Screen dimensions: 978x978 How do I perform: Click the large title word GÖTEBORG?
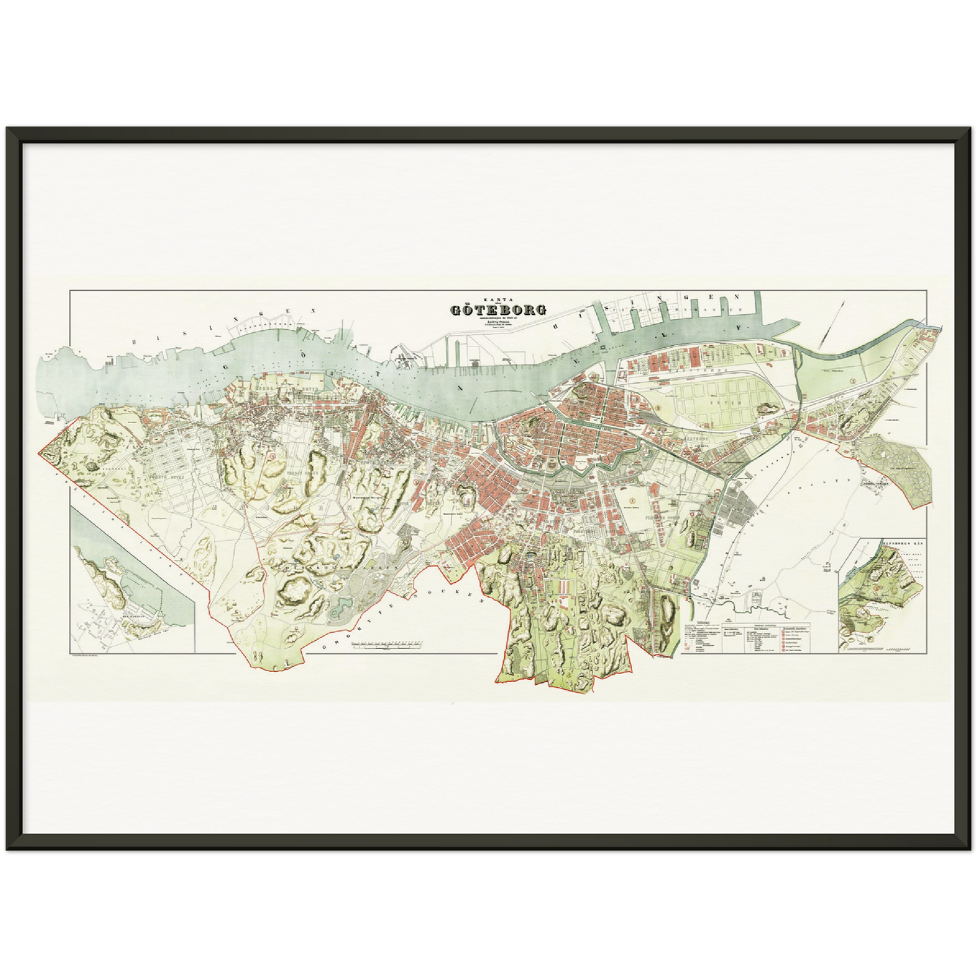pos(499,310)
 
